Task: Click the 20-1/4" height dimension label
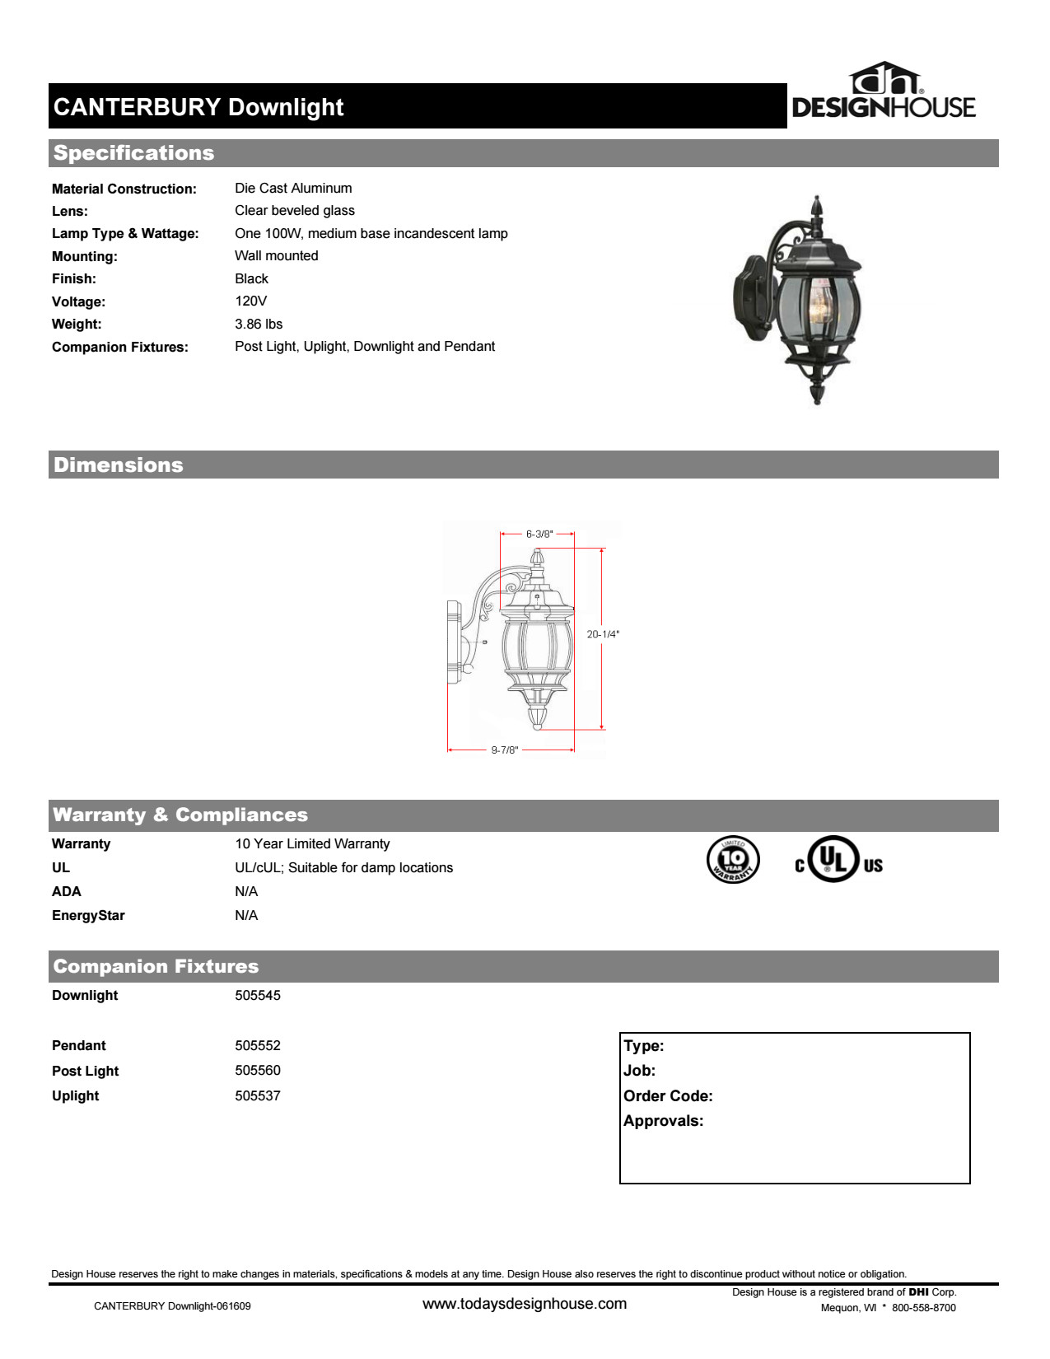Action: (603, 634)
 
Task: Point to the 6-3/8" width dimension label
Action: (539, 534)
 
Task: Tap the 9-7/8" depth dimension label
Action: (504, 750)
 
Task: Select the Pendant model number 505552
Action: (257, 1045)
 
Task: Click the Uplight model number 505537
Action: (257, 1095)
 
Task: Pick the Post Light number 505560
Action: (257, 1070)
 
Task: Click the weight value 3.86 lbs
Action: (259, 324)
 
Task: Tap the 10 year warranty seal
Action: (733, 859)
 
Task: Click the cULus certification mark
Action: (838, 860)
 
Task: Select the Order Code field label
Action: (668, 1095)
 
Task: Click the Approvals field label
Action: (663, 1120)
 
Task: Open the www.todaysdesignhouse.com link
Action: (525, 1304)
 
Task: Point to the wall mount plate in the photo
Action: (749, 297)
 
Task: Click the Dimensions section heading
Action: (119, 465)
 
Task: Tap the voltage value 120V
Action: (250, 301)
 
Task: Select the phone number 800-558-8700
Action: (923, 1307)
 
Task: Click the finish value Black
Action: (251, 278)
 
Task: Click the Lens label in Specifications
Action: (70, 211)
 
